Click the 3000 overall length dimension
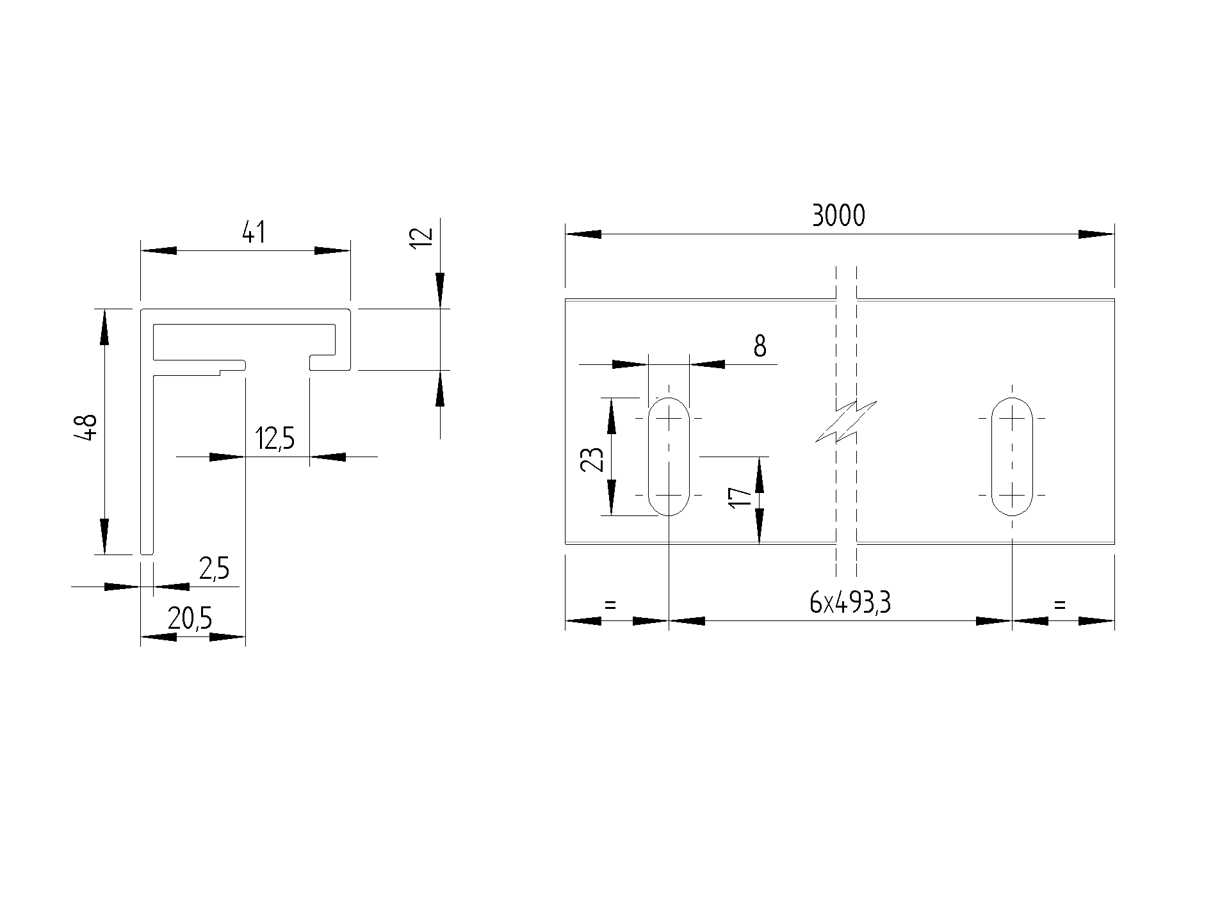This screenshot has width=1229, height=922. click(x=838, y=216)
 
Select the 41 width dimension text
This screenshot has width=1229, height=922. click(x=254, y=232)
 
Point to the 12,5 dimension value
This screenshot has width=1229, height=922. click(x=275, y=439)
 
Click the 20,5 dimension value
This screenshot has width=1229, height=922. click(x=190, y=619)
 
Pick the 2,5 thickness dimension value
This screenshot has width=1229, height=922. click(x=214, y=569)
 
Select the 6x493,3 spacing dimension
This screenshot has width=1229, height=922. click(x=851, y=603)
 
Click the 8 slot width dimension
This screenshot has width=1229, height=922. click(x=760, y=346)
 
